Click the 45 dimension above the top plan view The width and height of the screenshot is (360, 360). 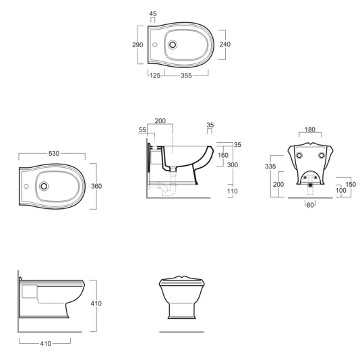tap(153, 13)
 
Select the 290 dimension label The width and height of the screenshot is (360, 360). tap(138, 45)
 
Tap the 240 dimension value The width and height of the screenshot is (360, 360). tap(225, 44)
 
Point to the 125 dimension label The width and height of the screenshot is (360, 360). tap(155, 76)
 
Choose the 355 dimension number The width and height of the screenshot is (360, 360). tap(186, 76)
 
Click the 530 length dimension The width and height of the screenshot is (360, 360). tap(54, 153)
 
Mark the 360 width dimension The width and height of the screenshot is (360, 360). tap(96, 186)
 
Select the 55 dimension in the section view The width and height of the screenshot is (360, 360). tap(142, 130)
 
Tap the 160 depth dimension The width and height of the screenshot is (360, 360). tap(223, 156)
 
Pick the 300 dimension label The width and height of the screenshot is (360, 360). tap(233, 165)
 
